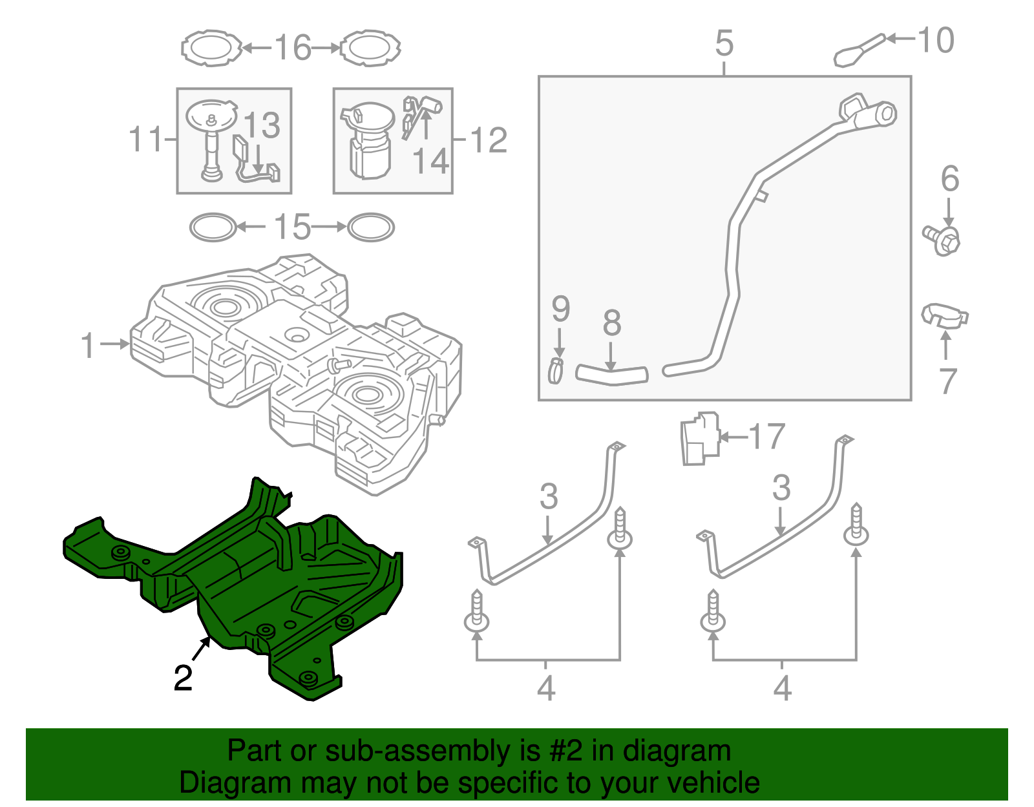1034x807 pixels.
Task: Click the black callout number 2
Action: coord(183,678)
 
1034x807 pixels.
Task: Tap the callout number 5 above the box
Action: coord(724,43)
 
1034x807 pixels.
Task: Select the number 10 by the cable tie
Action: coord(935,41)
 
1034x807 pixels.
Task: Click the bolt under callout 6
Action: coord(943,240)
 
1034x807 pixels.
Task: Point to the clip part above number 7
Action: coord(944,315)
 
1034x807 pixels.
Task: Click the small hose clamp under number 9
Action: coord(556,370)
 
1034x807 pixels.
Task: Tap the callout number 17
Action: coord(766,437)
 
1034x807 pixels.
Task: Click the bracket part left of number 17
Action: coord(700,439)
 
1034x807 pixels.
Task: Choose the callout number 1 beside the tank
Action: coord(88,346)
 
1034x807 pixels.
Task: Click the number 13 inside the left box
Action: coord(262,125)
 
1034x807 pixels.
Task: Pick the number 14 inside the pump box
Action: coord(430,161)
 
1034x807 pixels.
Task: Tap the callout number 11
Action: coord(145,139)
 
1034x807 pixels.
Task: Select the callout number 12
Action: coord(489,140)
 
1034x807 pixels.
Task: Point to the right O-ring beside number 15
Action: coord(371,227)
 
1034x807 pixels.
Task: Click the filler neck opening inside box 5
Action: coord(885,114)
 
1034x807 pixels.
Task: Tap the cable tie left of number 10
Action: coord(858,50)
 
